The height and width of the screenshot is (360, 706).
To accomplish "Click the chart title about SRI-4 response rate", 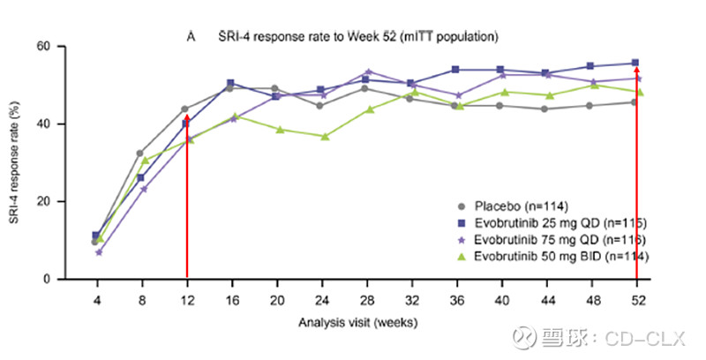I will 353,37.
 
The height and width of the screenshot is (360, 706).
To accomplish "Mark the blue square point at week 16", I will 231,83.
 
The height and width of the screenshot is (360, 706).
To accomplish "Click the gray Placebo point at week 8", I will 140,154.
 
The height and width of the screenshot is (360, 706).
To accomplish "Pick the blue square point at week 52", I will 636,63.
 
